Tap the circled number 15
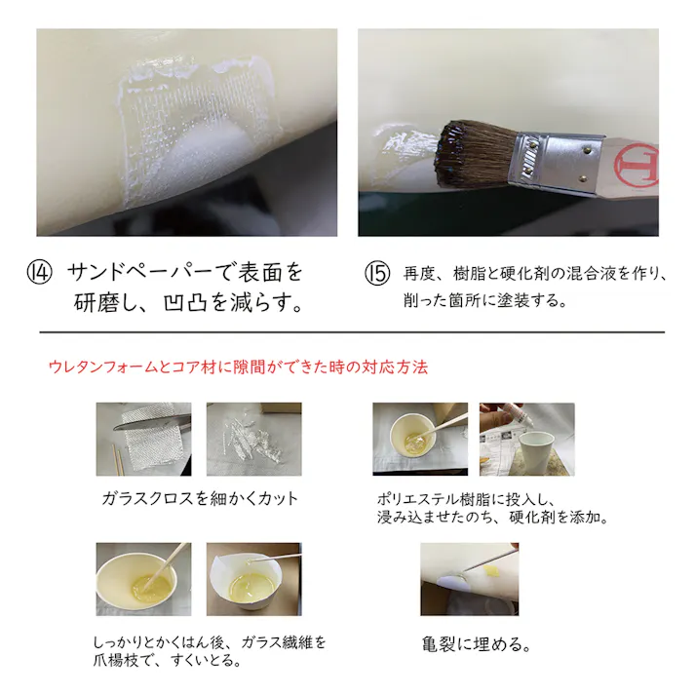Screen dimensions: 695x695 [x=377, y=274]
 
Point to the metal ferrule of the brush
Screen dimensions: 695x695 [x=555, y=157]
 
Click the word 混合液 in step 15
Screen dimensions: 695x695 [x=569, y=274]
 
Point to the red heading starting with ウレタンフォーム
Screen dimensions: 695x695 [x=238, y=368]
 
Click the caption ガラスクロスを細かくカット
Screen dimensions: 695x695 [x=199, y=498]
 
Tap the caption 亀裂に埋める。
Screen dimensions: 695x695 [x=476, y=644]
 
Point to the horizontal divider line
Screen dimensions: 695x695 [x=347, y=332]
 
